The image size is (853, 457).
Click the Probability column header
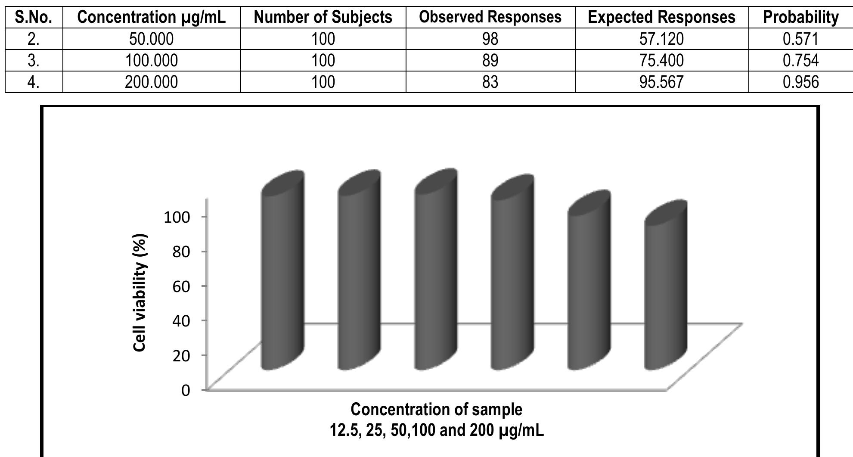pos(800,17)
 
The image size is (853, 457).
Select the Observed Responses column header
pos(490,17)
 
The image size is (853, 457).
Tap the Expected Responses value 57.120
pos(661,39)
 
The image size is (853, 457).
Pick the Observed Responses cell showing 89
pos(490,60)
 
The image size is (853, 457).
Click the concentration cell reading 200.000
pos(151,82)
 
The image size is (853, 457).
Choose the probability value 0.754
pos(800,60)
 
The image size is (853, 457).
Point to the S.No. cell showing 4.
pos(34,82)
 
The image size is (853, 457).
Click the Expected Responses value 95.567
pos(661,82)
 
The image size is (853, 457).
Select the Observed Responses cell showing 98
pos(490,39)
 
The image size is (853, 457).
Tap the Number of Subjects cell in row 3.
pos(323,60)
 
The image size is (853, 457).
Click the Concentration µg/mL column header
pos(151,17)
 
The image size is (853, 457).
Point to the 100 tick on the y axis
pos(177,217)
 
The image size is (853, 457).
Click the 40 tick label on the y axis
pos(181,320)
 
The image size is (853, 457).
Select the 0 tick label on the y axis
pos(186,390)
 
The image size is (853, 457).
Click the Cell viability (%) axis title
pos(141,293)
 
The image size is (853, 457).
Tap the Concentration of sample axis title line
pos(436,409)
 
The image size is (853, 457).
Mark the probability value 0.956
pos(800,82)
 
